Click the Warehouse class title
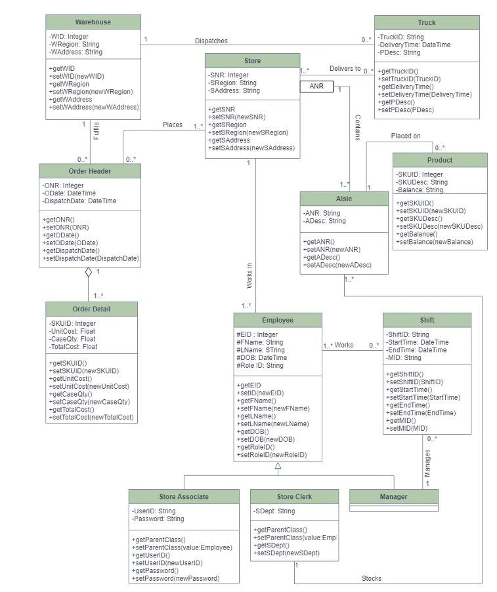tap(93, 22)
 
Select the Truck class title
tap(427, 22)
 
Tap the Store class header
tap(252, 61)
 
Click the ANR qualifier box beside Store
tap(316, 86)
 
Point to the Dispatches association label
tap(211, 41)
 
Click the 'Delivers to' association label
tap(345, 68)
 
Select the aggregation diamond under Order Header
tap(89, 273)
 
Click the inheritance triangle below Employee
tap(278, 466)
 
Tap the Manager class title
tap(393, 496)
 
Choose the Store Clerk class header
tap(294, 496)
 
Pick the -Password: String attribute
tap(158, 519)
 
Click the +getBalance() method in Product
tap(418, 234)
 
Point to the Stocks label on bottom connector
tap(371, 578)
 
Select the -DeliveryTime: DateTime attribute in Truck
tap(414, 45)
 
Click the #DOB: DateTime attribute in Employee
tap(262, 357)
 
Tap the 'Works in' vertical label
tap(249, 276)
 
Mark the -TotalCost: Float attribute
tap(73, 347)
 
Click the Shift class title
tap(427, 320)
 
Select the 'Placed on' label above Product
tap(406, 136)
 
